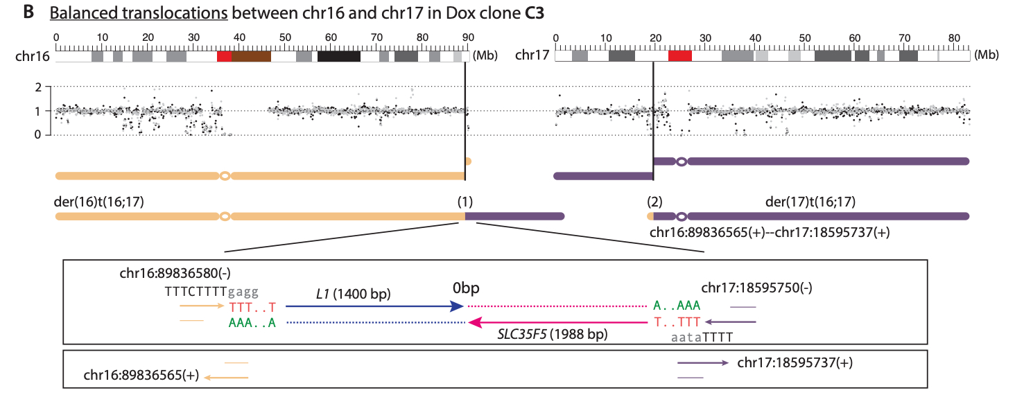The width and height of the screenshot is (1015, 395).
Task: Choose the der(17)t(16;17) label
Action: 810,202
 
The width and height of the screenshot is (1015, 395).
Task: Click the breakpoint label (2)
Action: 654,202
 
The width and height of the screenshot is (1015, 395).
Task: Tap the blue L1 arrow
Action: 374,305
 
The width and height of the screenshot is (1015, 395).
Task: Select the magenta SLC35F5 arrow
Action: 555,322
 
